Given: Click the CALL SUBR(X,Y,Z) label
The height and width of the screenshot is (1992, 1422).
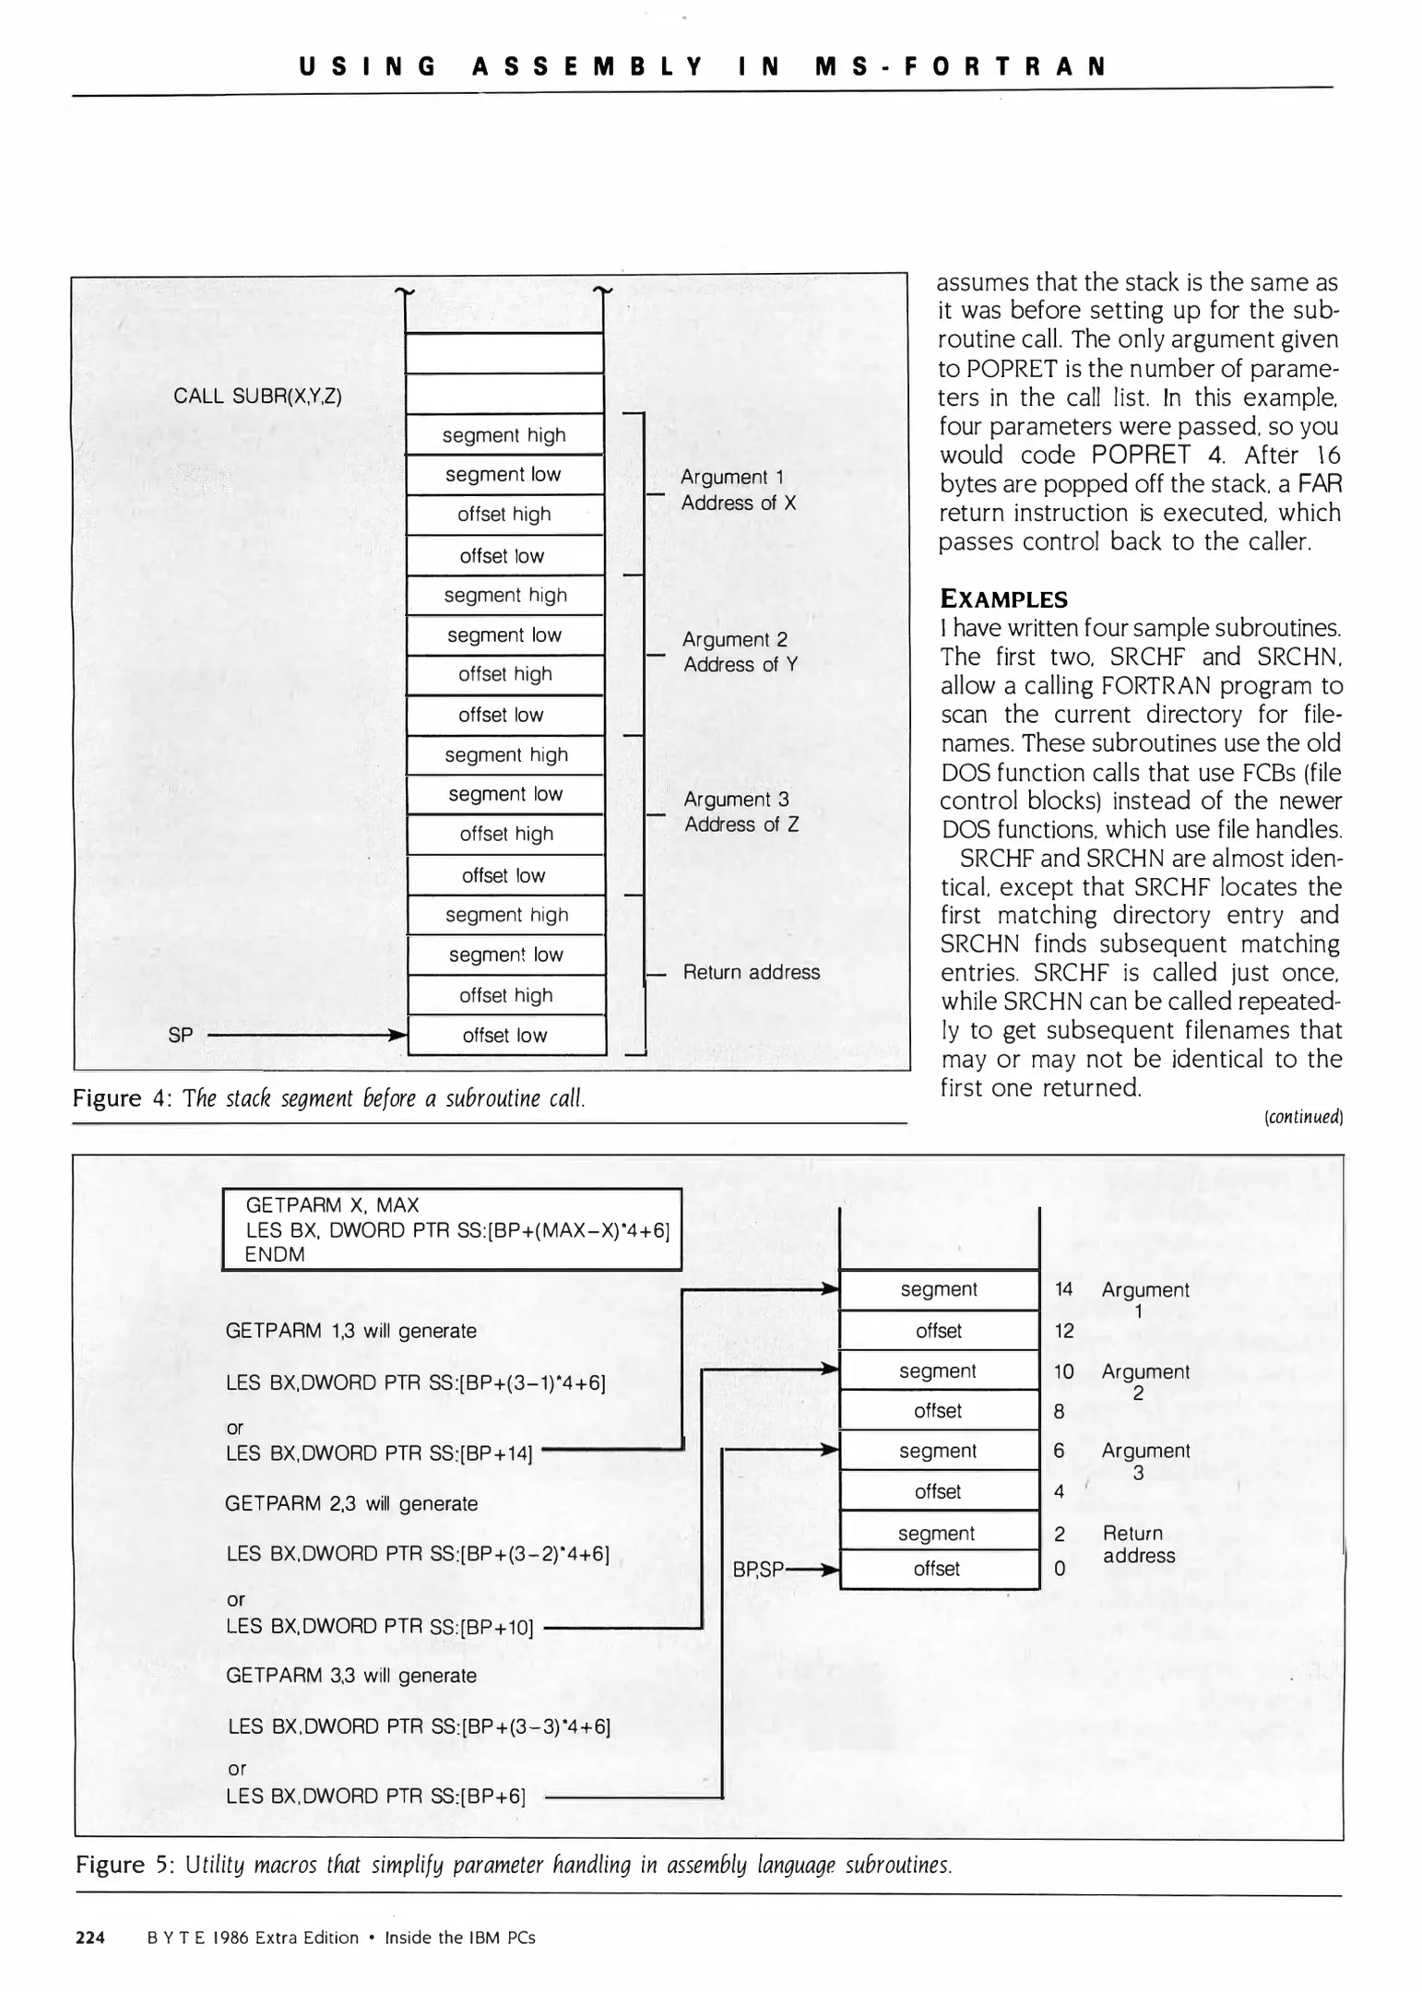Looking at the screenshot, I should coord(257,397).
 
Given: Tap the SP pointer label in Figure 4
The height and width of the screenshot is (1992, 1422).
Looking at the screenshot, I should coord(181,1036).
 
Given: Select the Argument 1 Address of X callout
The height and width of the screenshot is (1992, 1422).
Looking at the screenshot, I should coord(737,490).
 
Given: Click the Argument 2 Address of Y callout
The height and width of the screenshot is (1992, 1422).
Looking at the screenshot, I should coord(739,652).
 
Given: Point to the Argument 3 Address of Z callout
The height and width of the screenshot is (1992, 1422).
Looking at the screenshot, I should coord(740,812).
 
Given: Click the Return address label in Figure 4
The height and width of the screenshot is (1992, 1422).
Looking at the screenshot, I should coord(751,972).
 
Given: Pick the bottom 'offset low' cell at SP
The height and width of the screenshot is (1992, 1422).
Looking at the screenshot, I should coord(504,1036).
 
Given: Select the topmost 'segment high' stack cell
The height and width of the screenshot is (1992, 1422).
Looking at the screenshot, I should coord(504,435).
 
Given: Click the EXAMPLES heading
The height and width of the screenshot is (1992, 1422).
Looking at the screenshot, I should coord(1003,599).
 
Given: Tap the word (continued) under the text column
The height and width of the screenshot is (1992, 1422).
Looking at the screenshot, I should coord(1302,1118).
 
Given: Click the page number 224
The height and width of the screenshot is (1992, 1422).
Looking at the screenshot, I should coord(90,1938).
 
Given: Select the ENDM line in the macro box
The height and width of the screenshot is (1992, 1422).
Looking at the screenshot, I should coord(274,1254).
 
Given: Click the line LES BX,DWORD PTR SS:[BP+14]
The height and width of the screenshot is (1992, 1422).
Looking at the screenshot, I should coord(379,1453).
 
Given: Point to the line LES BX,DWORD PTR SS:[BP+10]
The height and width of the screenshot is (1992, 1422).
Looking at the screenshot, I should coord(379,1627).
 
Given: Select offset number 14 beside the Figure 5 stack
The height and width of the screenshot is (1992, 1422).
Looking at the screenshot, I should coord(1063,1289).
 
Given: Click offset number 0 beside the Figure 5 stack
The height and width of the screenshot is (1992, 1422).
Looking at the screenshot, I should coord(1059,1569).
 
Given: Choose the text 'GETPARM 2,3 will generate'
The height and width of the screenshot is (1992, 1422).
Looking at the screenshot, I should coord(350,1504).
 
